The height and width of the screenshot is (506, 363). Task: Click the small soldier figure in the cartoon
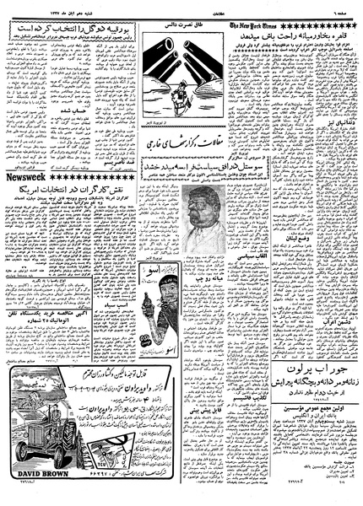(178, 90)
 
